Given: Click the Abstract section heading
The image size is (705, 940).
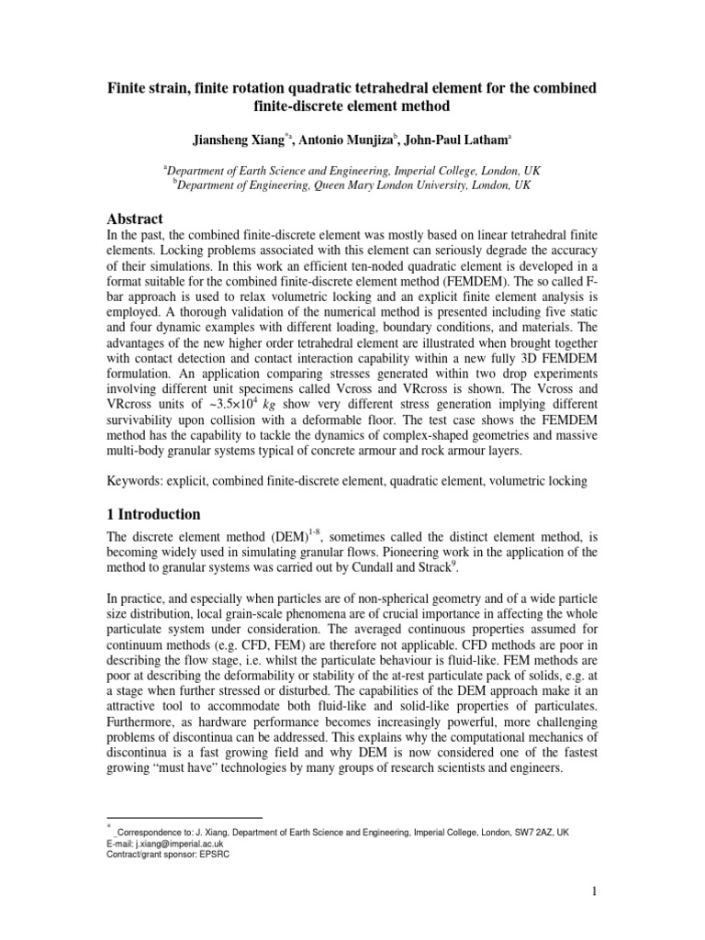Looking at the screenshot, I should point(136,218).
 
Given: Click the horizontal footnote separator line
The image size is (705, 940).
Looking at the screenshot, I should point(185,818).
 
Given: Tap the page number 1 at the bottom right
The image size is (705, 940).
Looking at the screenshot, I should point(594,891).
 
